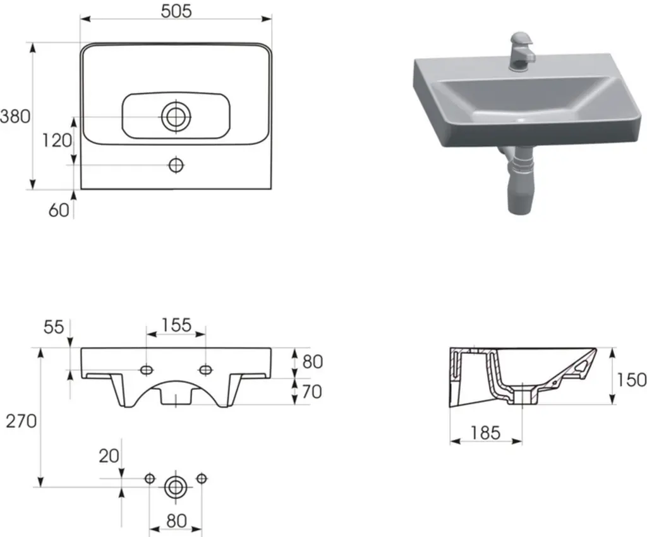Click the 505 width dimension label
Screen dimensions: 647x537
[176, 11]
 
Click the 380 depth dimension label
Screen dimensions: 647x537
[15, 117]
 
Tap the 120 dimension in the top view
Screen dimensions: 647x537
[57, 141]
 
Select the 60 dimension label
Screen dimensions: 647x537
[59, 210]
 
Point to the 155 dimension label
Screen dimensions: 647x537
[176, 325]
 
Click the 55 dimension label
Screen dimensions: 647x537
[54, 327]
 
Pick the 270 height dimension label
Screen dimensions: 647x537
[21, 421]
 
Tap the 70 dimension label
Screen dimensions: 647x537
[312, 392]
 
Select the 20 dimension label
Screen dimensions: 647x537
[109, 456]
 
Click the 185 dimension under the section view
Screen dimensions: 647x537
[485, 433]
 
